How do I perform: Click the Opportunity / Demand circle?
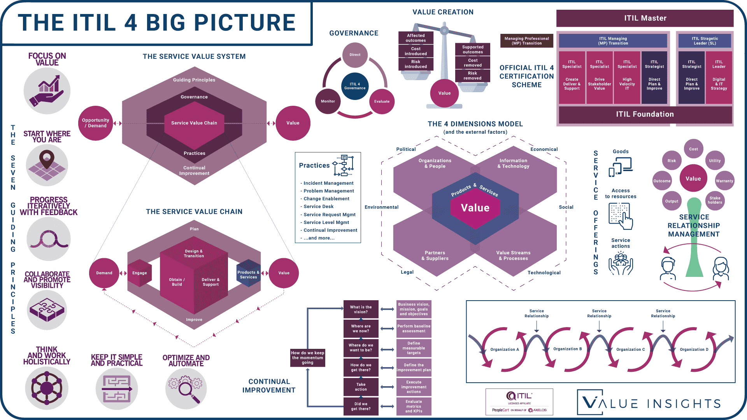95,123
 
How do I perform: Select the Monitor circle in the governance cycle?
328,101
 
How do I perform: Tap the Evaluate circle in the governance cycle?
382,101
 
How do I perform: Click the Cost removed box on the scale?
473,63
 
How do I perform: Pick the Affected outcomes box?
416,38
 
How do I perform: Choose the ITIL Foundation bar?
645,114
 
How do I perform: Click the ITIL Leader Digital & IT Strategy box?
719,77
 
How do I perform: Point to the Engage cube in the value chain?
140,273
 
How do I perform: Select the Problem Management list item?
328,191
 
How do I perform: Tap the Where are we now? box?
361,329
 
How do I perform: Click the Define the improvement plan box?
414,367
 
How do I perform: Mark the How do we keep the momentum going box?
307,358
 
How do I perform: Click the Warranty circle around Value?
724,181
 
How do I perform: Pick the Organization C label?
630,349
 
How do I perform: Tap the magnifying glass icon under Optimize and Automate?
186,388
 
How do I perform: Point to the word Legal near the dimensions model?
407,272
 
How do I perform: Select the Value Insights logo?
649,402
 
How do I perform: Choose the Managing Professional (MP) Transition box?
526,41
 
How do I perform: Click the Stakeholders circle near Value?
715,200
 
